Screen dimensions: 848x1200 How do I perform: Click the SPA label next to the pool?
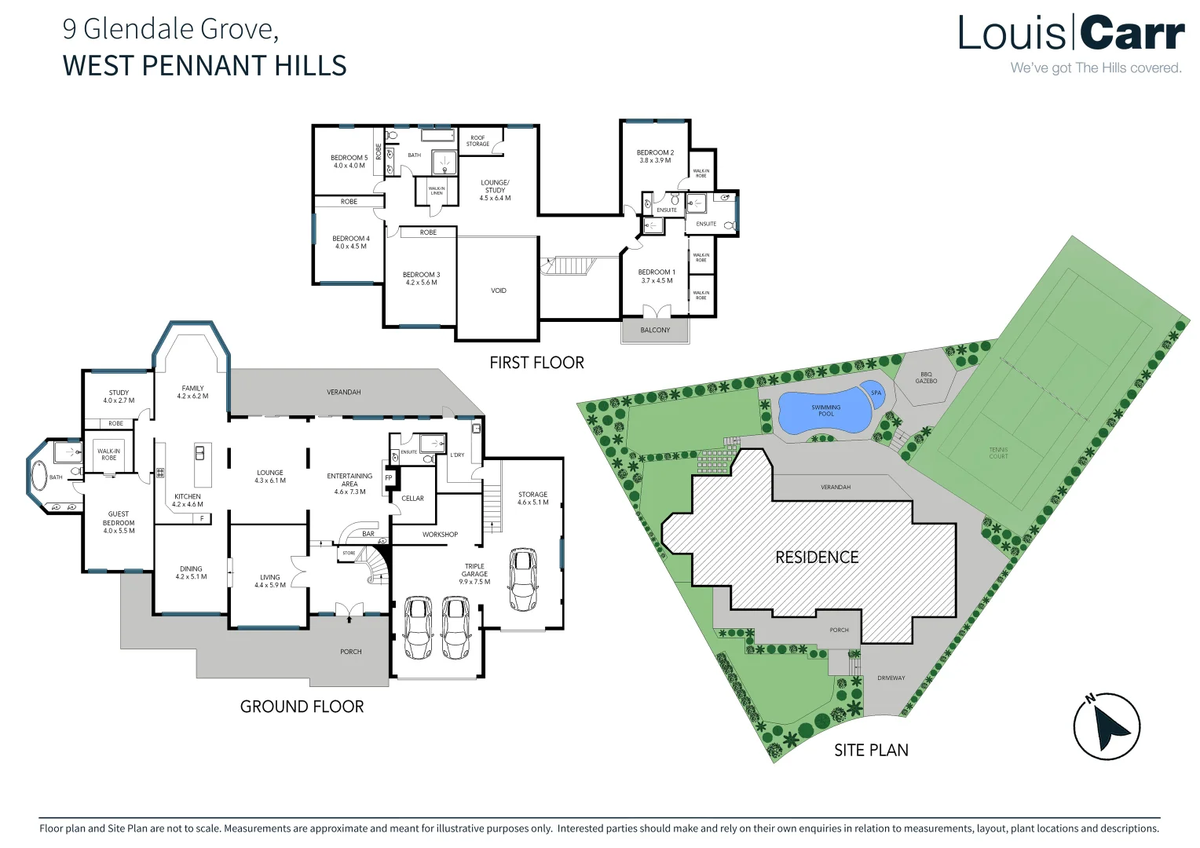coord(876,393)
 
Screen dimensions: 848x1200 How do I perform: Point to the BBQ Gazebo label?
coord(926,378)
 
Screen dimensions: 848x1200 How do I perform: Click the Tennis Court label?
coord(998,453)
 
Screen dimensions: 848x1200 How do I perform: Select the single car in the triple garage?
coord(523,579)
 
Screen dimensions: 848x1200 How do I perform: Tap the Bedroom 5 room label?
coord(349,161)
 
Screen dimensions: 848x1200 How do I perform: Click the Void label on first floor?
coord(499,291)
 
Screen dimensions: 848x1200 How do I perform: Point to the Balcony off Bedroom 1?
coord(655,330)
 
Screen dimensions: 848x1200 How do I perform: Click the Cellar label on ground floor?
coord(412,499)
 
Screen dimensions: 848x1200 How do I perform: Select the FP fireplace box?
coord(389,477)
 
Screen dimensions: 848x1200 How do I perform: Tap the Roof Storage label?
coord(477,141)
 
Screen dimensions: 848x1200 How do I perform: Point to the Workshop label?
coord(440,535)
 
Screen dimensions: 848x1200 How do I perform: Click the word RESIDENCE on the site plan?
coord(817,557)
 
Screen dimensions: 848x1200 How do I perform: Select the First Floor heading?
coord(536,363)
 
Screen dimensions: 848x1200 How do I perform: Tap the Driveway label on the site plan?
coord(891,678)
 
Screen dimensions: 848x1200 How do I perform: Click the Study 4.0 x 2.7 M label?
coord(119,397)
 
